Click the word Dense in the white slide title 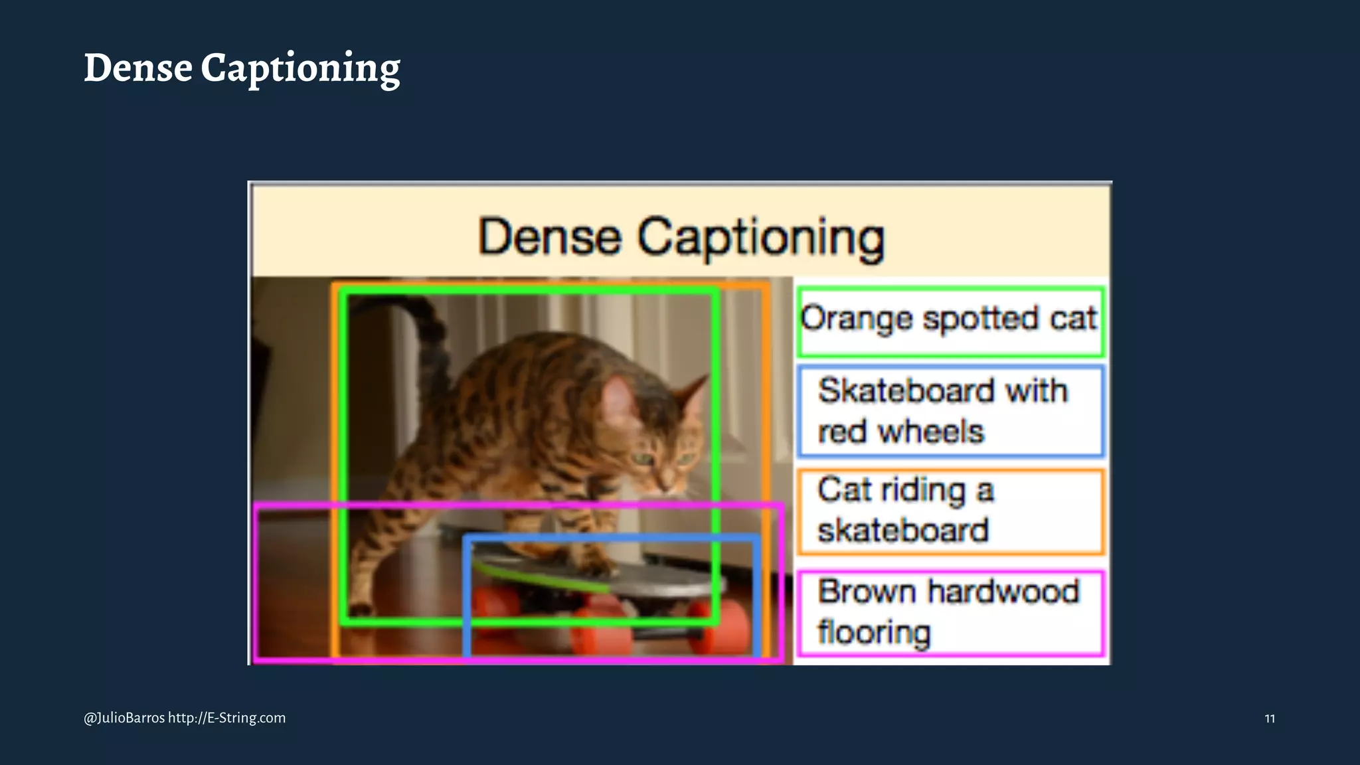(138, 68)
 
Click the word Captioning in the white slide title (300, 69)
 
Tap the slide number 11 (1269, 719)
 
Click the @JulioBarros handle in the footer (124, 718)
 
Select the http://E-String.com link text (226, 718)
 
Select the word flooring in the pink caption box (874, 632)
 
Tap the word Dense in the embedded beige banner (550, 237)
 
